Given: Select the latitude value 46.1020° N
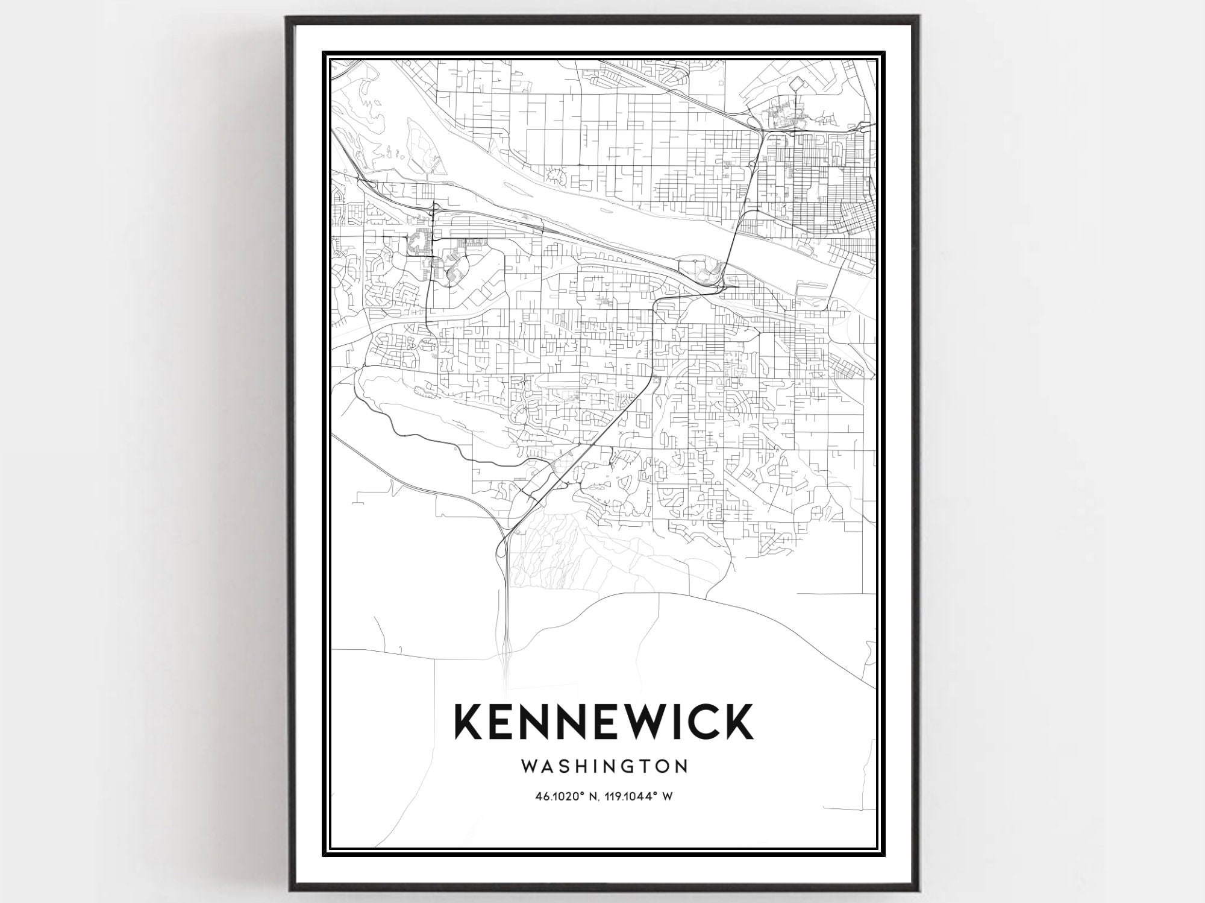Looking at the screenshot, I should point(568,796).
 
